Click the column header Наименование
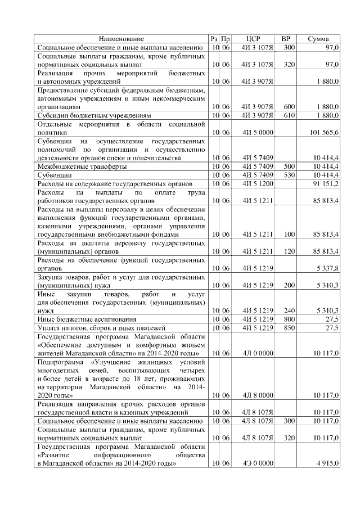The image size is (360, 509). coord(121,39)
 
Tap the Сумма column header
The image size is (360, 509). coord(319,39)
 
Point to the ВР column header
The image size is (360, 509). coord(286,39)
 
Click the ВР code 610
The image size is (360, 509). coord(289,115)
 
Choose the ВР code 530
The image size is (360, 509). coord(289,175)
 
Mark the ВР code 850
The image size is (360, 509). coord(289,327)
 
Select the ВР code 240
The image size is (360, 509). coord(289,310)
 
